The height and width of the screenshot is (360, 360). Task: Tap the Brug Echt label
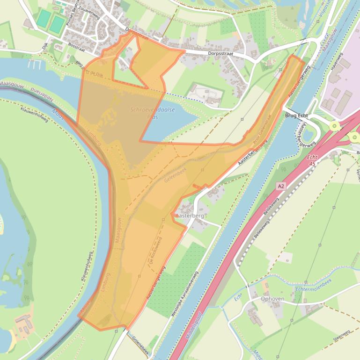296,115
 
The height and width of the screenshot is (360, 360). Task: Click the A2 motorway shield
280,186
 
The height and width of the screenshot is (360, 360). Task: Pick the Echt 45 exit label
312,161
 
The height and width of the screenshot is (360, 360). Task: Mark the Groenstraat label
140,346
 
